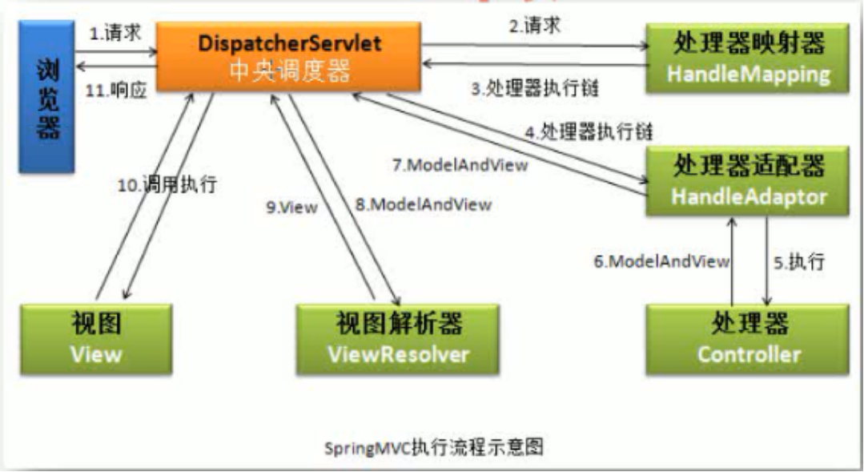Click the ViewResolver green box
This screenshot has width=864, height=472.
(397, 337)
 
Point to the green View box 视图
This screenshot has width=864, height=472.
(96, 337)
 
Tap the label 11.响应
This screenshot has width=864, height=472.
(117, 90)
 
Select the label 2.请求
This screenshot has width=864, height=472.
(534, 26)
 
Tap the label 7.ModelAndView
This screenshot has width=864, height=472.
(460, 166)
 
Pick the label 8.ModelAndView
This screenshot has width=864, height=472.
(424, 204)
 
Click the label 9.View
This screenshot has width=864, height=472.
(291, 207)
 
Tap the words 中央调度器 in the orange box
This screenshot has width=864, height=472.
(288, 71)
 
